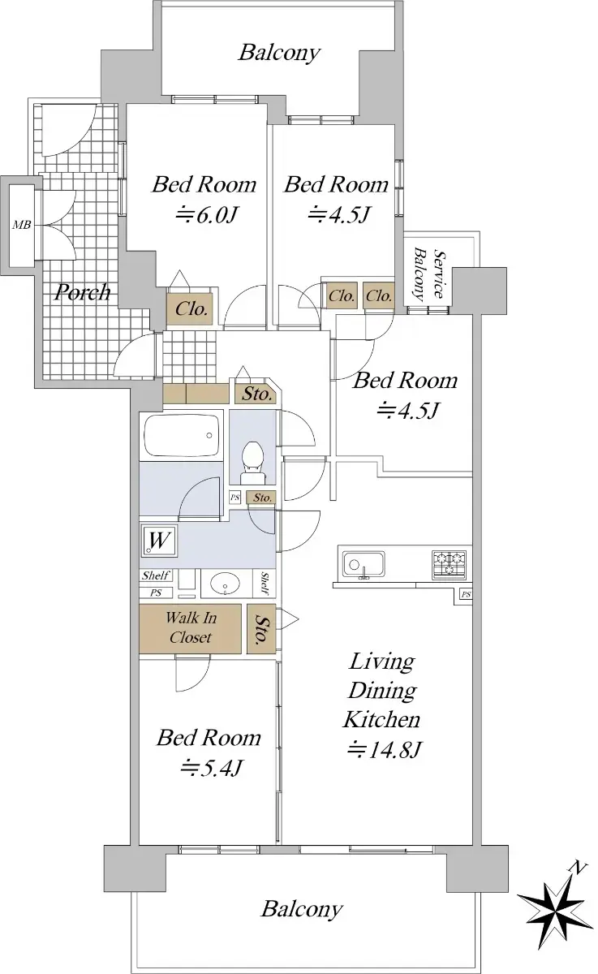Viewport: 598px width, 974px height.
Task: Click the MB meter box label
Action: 21,225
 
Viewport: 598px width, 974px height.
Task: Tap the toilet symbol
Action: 252,462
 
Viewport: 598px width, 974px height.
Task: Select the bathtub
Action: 181,435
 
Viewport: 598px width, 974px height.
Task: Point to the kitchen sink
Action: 364,565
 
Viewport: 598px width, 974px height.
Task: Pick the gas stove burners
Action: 450,564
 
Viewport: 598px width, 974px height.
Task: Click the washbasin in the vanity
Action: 225,582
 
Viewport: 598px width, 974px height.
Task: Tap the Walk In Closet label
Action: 191,627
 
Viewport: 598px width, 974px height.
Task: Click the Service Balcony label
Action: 428,274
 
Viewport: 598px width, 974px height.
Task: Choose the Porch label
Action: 83,292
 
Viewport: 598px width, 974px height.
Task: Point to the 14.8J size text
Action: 383,749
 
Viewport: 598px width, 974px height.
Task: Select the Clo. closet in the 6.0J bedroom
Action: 190,308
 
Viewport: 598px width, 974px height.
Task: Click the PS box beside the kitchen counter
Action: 466,594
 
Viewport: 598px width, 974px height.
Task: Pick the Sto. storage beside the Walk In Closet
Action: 261,628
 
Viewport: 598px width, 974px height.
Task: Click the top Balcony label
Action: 279,53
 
